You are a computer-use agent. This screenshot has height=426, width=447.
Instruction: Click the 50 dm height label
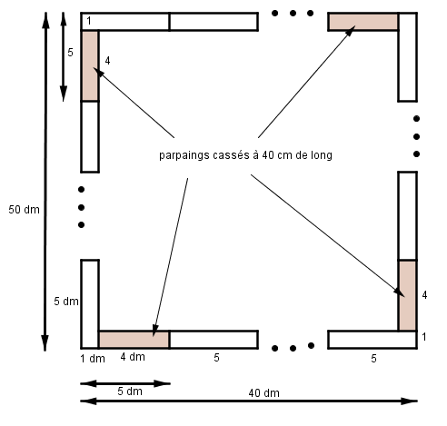[x=24, y=210]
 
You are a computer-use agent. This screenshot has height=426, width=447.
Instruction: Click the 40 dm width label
[x=263, y=393]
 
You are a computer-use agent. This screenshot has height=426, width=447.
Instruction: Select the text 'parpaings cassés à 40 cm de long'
[x=245, y=155]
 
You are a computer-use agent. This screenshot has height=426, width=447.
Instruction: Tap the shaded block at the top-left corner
[x=90, y=65]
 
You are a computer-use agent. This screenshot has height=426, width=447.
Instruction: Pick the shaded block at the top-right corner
[x=363, y=22]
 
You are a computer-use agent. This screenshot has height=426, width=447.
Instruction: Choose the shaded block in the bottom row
[x=134, y=340]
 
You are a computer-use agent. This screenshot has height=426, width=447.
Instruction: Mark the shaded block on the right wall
[x=408, y=295]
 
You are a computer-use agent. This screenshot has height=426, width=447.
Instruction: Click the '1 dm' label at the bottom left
[x=93, y=359]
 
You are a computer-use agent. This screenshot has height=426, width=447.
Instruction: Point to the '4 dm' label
[x=133, y=357]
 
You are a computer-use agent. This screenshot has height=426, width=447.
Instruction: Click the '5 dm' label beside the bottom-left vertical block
[x=66, y=302]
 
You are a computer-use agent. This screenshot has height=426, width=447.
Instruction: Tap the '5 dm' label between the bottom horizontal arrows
[x=130, y=391]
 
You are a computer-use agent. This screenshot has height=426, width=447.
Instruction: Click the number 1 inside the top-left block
[x=89, y=21]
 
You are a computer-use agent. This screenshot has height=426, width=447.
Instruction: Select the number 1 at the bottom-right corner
[x=424, y=337]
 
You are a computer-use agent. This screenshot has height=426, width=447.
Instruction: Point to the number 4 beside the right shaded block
[x=424, y=295]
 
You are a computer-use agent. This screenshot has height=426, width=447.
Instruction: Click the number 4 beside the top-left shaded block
[x=107, y=61]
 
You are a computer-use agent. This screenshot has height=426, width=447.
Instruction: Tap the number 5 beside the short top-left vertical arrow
[x=70, y=53]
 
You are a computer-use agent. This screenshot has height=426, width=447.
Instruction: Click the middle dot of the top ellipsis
[x=293, y=13]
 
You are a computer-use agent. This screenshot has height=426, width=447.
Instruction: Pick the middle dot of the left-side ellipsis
[x=81, y=207]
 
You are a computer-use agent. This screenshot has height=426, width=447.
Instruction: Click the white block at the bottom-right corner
[x=372, y=340]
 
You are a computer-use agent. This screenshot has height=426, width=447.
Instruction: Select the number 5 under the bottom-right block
[x=373, y=359]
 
